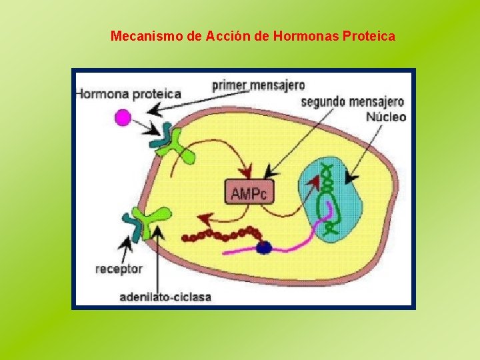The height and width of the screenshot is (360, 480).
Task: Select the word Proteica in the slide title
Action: click(x=368, y=35)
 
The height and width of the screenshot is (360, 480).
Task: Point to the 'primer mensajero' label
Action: click(x=258, y=85)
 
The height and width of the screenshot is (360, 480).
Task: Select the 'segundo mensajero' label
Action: click(x=352, y=102)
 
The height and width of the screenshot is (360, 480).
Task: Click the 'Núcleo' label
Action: click(x=386, y=117)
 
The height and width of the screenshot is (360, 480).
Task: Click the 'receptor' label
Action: click(x=119, y=269)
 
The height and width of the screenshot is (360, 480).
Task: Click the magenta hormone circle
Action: click(x=123, y=118)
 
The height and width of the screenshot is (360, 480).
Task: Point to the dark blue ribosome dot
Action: click(x=264, y=247)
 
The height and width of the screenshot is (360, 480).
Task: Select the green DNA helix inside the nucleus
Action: click(x=328, y=197)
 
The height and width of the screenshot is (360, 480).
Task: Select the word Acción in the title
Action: click(x=227, y=35)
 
